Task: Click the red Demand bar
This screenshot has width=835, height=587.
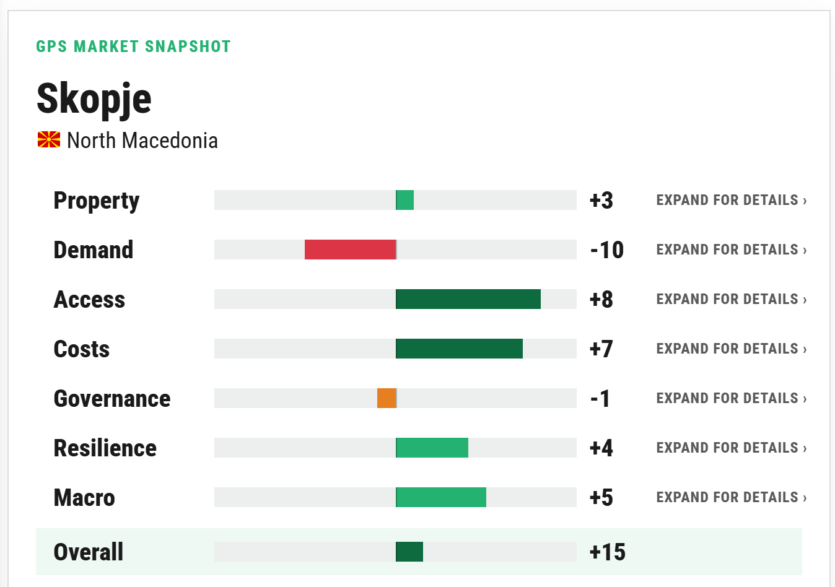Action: (350, 250)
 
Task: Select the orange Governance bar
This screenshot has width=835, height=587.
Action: (387, 398)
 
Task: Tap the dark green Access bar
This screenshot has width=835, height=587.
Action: (468, 299)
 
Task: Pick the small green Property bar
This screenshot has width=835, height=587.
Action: (405, 200)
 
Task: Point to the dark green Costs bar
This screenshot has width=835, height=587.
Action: (459, 349)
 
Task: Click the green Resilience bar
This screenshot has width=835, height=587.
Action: (432, 448)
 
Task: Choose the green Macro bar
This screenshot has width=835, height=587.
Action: (441, 497)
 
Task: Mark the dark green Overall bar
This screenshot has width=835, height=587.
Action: (409, 552)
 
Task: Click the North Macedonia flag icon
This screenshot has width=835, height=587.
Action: (49, 140)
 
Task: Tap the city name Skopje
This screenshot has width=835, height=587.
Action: (94, 99)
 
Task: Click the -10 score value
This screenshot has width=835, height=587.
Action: (607, 250)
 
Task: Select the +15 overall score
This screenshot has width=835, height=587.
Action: (608, 552)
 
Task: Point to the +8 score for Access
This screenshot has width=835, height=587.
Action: (601, 299)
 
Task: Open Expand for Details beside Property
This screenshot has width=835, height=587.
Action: (732, 200)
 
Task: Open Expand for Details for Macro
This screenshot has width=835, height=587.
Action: (732, 497)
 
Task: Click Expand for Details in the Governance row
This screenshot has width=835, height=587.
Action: (732, 398)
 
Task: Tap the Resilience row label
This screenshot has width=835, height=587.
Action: (105, 448)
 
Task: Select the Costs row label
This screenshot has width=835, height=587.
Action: (82, 349)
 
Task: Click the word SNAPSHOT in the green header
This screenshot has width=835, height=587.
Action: (188, 46)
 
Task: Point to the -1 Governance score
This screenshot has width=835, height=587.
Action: (600, 398)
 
